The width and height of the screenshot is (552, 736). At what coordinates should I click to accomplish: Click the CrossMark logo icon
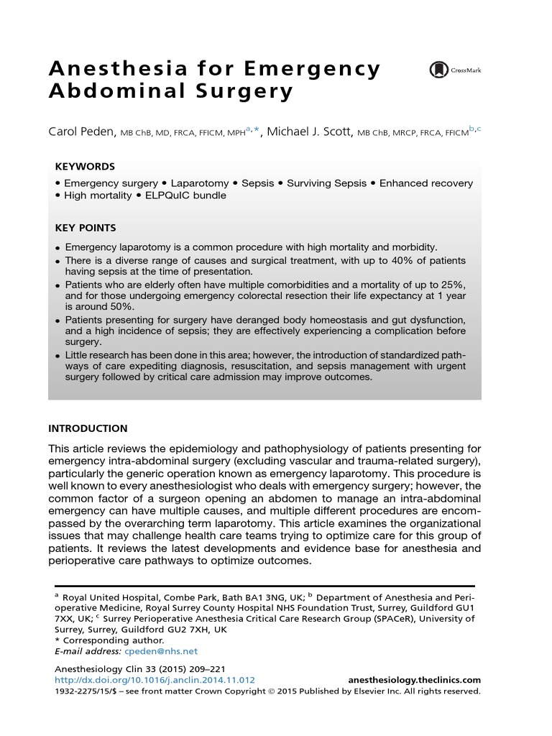[x=438, y=70]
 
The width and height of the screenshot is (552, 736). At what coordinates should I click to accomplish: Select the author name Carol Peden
[x=81, y=132]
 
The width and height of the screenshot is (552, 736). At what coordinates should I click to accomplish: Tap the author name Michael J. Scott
[x=310, y=132]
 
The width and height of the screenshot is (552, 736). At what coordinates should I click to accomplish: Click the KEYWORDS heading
[x=85, y=165]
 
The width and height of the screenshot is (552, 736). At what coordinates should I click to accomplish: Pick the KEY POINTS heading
[x=86, y=228]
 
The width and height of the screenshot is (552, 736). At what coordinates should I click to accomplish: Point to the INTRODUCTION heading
[x=88, y=428]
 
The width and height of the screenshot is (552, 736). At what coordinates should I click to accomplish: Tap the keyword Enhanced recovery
[x=426, y=183]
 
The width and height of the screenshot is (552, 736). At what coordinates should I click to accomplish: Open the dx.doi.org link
[x=155, y=680]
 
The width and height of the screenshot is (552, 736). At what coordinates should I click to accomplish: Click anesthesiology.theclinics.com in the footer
[x=414, y=680]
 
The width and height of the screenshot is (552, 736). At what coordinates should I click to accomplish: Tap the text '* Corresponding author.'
[x=109, y=640]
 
